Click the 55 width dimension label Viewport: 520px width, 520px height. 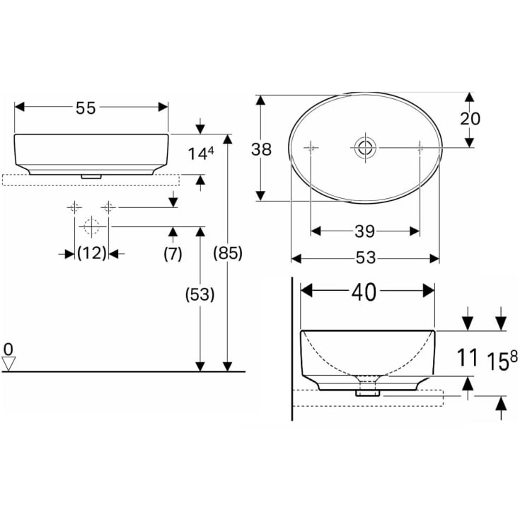click(x=86, y=108)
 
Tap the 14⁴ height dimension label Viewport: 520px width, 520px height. click(x=201, y=154)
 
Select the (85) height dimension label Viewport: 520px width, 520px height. click(x=228, y=253)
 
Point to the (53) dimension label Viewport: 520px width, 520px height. click(x=200, y=294)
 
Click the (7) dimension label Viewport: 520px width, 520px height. click(x=173, y=254)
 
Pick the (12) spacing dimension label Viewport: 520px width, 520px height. click(x=92, y=253)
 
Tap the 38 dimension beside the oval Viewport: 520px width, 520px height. click(x=261, y=149)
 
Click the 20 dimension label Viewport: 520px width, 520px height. click(x=470, y=119)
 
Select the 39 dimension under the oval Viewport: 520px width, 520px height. click(x=365, y=231)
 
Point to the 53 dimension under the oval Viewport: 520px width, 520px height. click(x=366, y=258)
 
